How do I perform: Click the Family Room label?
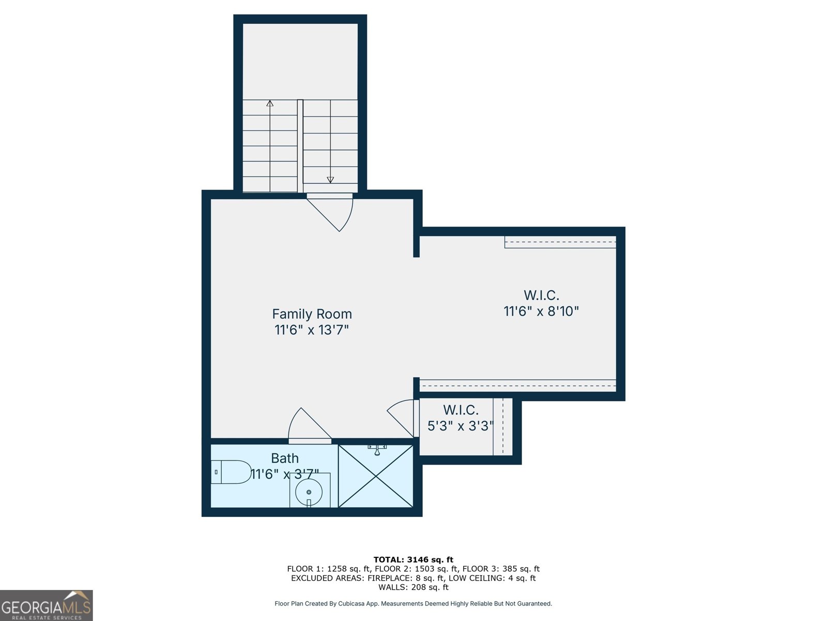pyautogui.click(x=312, y=314)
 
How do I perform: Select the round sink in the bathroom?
pyautogui.click(x=309, y=492)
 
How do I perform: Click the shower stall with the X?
pyautogui.click(x=376, y=477)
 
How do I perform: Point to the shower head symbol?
pyautogui.click(x=377, y=449)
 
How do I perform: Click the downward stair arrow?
pyautogui.click(x=330, y=179)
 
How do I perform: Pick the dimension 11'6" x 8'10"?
pyautogui.click(x=541, y=312)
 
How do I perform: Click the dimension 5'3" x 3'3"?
pyautogui.click(x=460, y=426)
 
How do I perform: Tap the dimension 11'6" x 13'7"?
pyautogui.click(x=312, y=330)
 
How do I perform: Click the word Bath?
pyautogui.click(x=285, y=459)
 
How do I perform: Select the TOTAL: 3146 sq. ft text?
pyautogui.click(x=413, y=559)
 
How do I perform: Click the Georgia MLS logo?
pyautogui.click(x=46, y=605)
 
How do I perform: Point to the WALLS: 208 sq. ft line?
pyautogui.click(x=413, y=587)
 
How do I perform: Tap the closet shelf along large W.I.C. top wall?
pyautogui.click(x=560, y=242)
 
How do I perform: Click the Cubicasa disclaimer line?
pyautogui.click(x=413, y=603)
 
